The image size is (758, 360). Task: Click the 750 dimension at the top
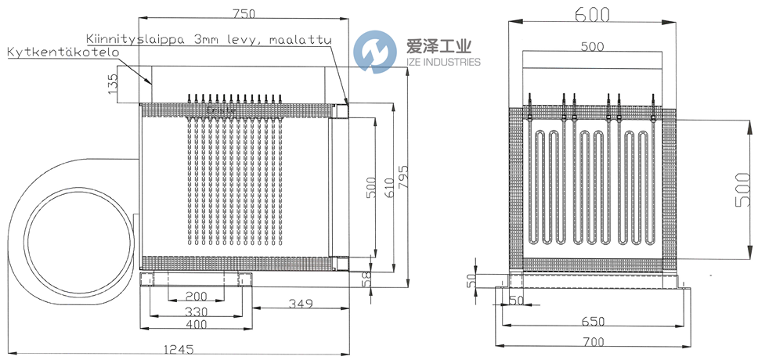coord(245,13)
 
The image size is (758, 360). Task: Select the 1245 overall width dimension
coord(180,350)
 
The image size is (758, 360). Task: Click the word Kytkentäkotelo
coord(62,52)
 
